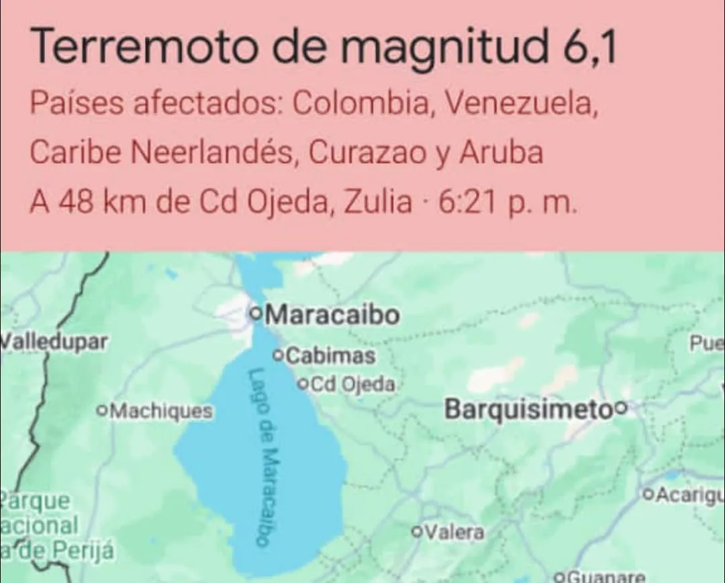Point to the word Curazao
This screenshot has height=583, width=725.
367,153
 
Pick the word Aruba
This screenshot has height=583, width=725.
501,153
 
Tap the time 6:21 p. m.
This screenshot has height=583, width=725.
507,202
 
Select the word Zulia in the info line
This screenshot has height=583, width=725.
377,202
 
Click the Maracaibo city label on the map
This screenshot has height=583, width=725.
332,314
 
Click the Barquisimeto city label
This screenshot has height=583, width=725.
529,408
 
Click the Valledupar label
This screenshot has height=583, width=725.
54,341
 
